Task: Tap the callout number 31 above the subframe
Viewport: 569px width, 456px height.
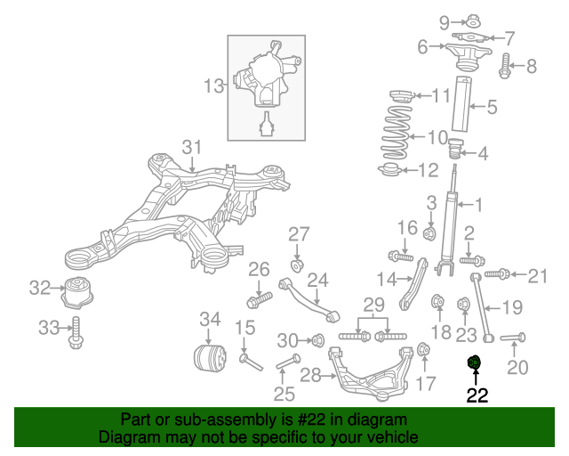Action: [x=193, y=147]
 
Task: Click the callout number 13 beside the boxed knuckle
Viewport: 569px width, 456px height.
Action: [x=213, y=86]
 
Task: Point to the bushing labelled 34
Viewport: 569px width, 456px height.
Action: [x=209, y=358]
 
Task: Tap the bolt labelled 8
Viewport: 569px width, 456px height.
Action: [x=506, y=64]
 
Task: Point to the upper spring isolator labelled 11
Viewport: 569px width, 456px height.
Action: [x=398, y=95]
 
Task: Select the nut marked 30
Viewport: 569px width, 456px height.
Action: [x=315, y=339]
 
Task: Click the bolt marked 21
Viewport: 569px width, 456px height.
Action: [x=500, y=274]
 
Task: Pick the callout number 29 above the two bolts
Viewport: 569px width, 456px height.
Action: [x=373, y=305]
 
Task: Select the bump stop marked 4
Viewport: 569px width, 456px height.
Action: [x=457, y=149]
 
